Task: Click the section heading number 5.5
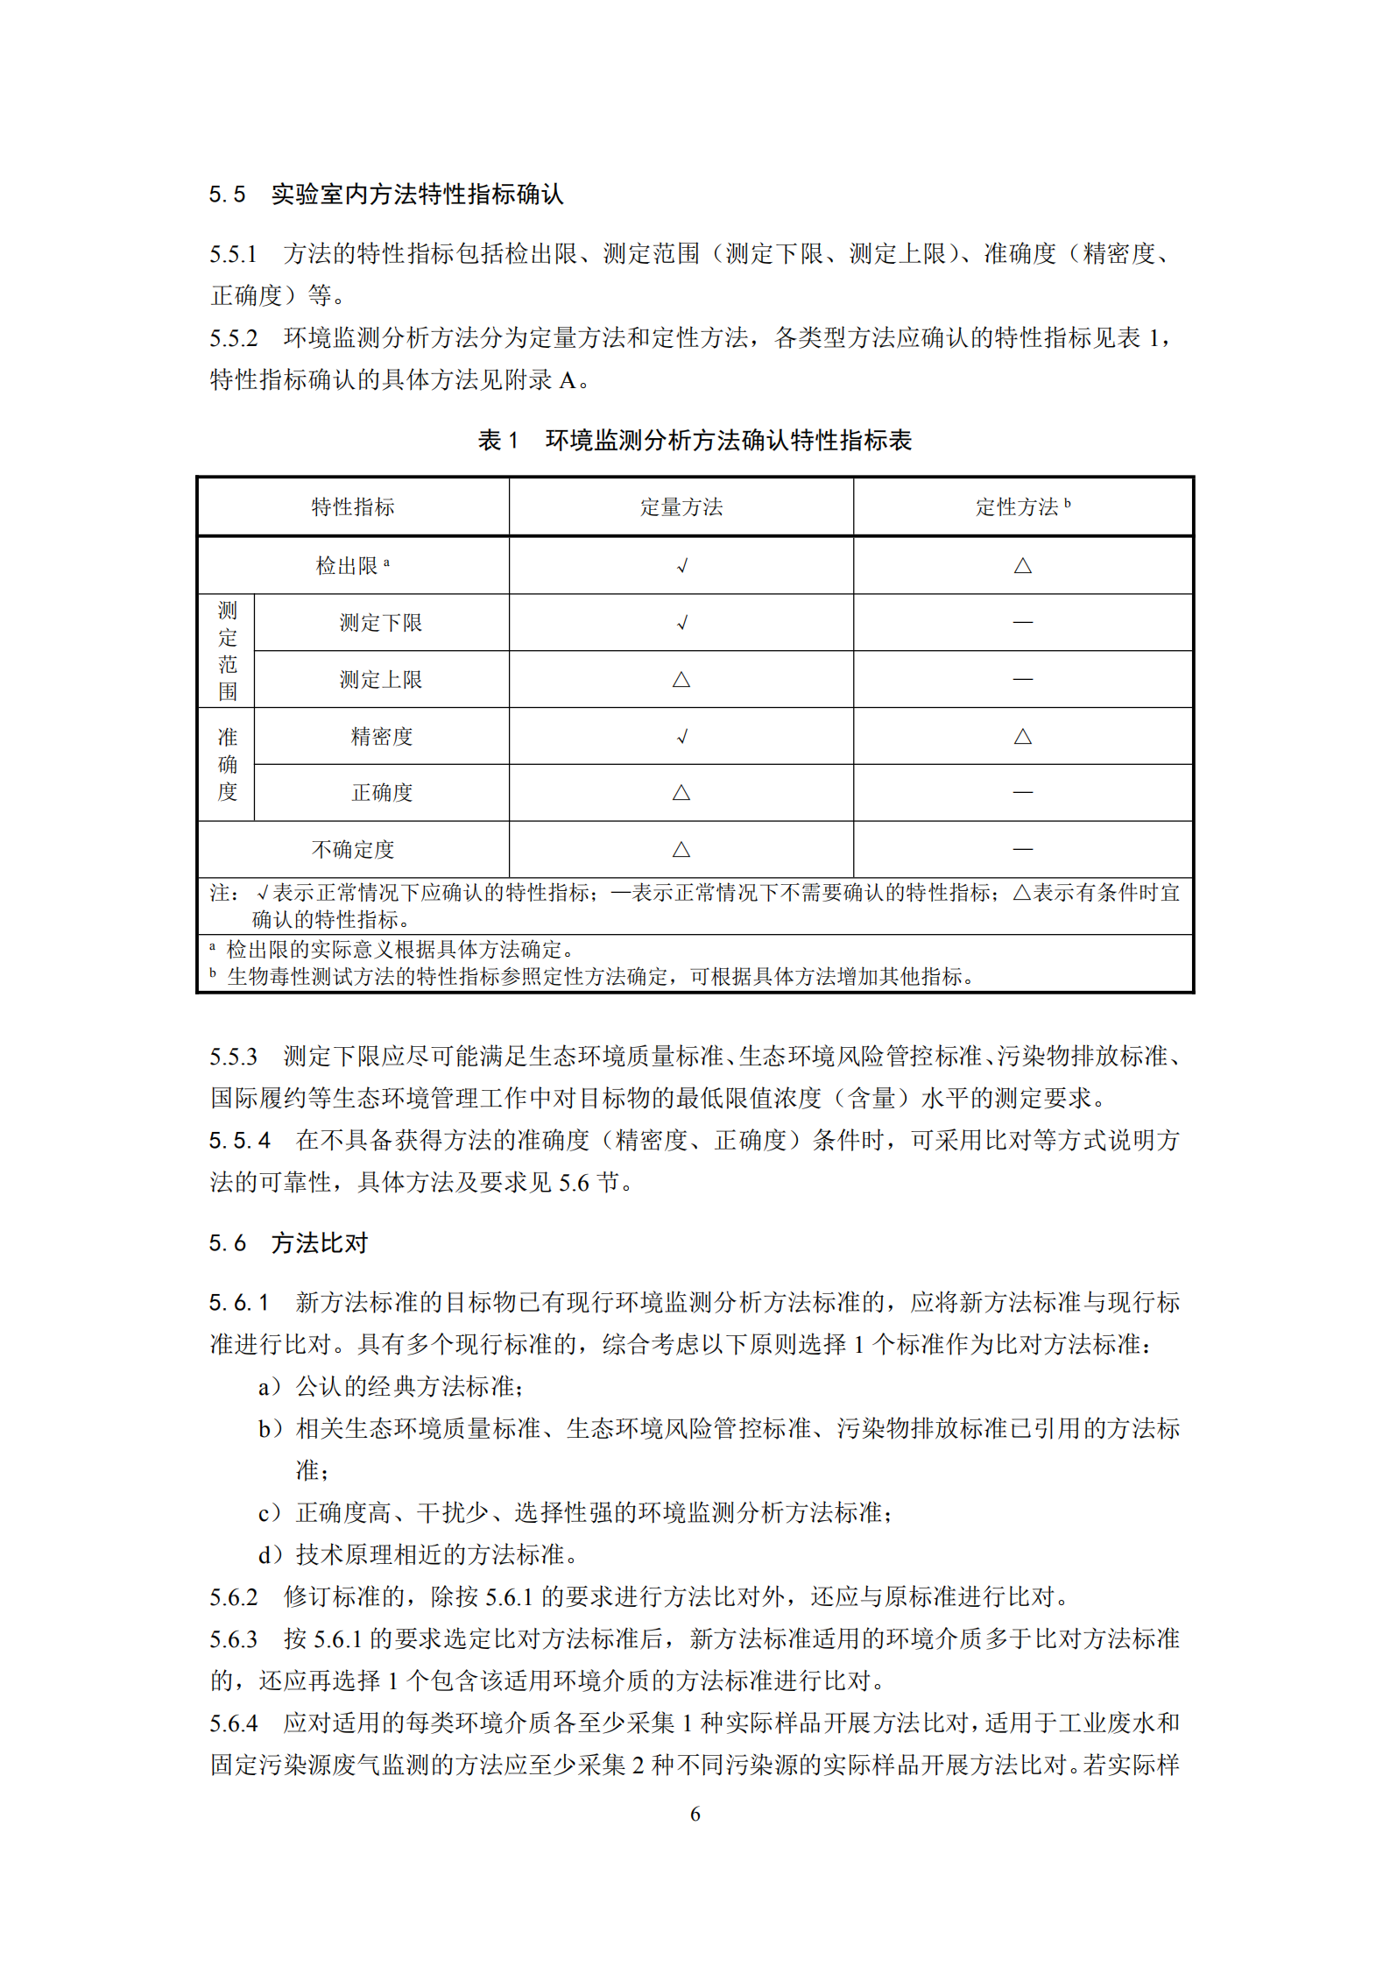227,195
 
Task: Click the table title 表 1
497,440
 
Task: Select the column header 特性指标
353,507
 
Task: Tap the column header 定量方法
681,507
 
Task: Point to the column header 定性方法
1018,507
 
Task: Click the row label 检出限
348,566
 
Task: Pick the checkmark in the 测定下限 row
681,623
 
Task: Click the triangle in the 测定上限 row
681,680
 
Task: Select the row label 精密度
381,737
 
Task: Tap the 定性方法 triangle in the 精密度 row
1022,737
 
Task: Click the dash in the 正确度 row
1022,793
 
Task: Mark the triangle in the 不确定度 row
681,850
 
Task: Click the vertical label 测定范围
228,651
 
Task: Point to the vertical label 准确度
228,764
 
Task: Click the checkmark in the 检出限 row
681,566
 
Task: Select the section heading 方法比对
320,1243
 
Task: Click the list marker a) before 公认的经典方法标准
270,1387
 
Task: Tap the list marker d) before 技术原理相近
270,1555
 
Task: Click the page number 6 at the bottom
695,1814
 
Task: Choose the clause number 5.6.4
234,1723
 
